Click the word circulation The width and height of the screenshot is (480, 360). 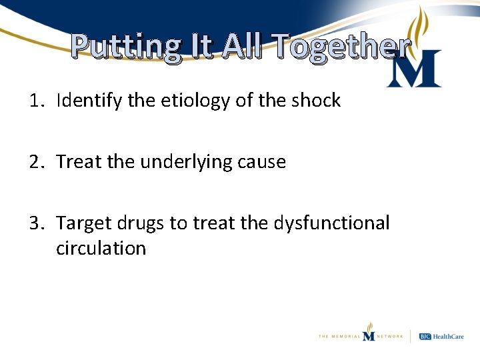pyautogui.click(x=101, y=249)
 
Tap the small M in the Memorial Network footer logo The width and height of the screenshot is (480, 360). pyautogui.click(x=369, y=335)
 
